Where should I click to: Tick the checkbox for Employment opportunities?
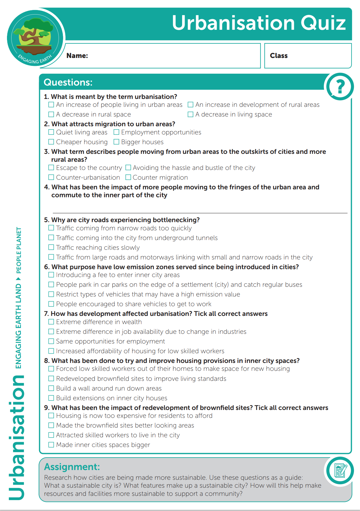[x=117, y=132]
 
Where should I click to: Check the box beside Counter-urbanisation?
[x=51, y=177]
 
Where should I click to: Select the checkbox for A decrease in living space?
[x=191, y=114]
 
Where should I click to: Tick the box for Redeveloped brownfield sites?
[x=51, y=378]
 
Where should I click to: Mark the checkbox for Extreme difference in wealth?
[x=51, y=322]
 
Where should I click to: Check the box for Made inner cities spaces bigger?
[x=51, y=445]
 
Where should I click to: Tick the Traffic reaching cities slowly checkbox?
[x=51, y=247]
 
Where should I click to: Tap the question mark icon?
[x=340, y=87]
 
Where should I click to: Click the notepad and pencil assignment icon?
[x=340, y=471]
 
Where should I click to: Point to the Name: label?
[x=77, y=56]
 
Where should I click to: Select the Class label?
[x=279, y=56]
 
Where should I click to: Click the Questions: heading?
[x=68, y=82]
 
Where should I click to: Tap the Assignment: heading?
[x=72, y=467]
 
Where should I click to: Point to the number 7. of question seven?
[x=46, y=314]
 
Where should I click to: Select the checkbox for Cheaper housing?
[x=51, y=142]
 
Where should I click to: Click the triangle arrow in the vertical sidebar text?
[x=19, y=279]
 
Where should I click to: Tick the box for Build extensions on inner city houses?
[x=51, y=398]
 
